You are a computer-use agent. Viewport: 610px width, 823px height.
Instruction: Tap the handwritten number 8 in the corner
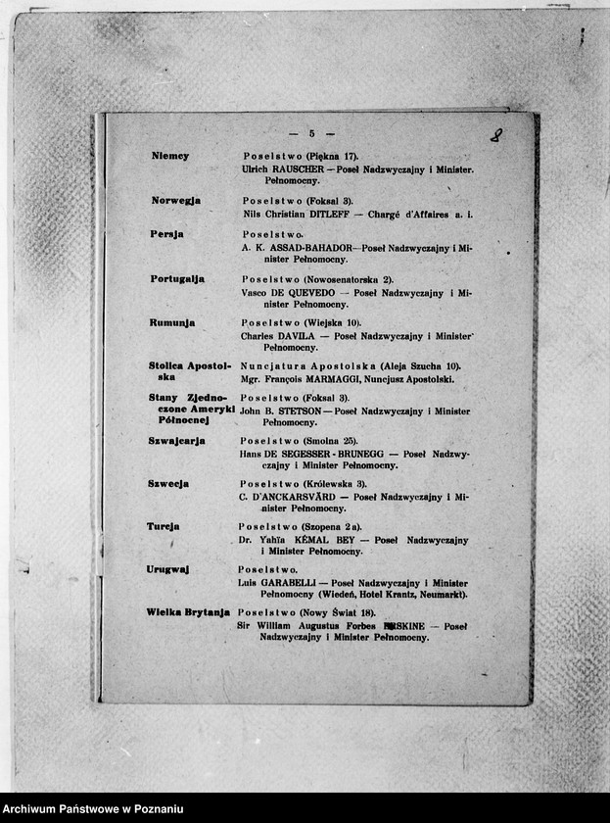(496, 135)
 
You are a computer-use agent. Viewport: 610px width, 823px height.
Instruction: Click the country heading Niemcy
(170, 157)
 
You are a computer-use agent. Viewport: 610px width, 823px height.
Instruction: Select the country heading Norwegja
(176, 201)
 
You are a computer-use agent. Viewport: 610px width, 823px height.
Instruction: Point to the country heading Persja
(167, 235)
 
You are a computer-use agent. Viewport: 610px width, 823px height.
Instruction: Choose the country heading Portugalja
(177, 279)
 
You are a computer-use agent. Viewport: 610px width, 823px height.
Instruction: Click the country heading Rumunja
(172, 322)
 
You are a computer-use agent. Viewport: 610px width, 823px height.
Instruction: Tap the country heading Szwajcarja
(176, 441)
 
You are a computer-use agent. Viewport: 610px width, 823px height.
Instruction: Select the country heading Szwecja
(168, 484)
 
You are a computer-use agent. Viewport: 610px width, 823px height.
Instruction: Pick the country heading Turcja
(164, 526)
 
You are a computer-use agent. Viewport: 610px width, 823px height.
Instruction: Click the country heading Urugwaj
(167, 569)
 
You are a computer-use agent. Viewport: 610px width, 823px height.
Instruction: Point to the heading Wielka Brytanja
(188, 612)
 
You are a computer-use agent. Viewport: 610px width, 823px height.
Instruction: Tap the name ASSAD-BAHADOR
(308, 249)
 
